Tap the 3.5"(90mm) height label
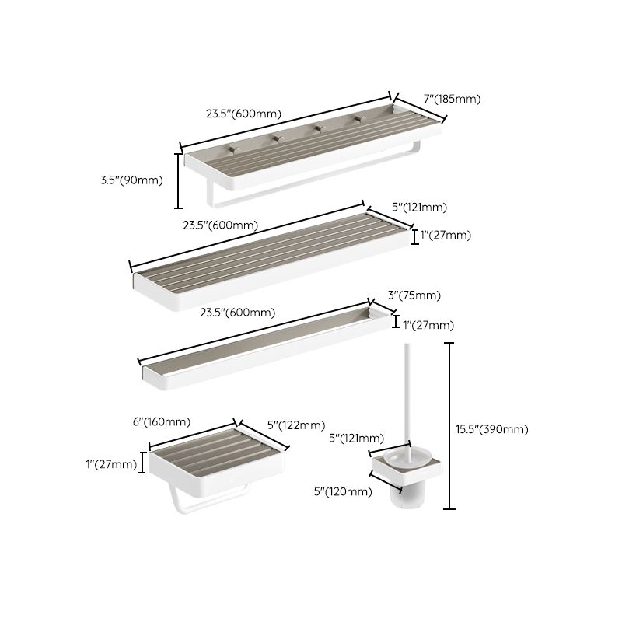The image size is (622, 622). [x=131, y=180]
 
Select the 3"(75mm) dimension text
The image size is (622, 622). [x=414, y=295]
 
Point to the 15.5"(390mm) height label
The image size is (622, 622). [x=492, y=429]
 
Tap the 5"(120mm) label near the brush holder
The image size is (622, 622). [x=343, y=491]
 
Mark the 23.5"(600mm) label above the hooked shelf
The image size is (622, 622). [x=243, y=113]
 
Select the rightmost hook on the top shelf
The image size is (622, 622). [x=358, y=119]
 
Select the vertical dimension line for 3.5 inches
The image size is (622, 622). [x=179, y=180]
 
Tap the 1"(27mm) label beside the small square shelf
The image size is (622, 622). [x=111, y=464]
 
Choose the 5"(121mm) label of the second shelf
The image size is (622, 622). [x=419, y=207]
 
